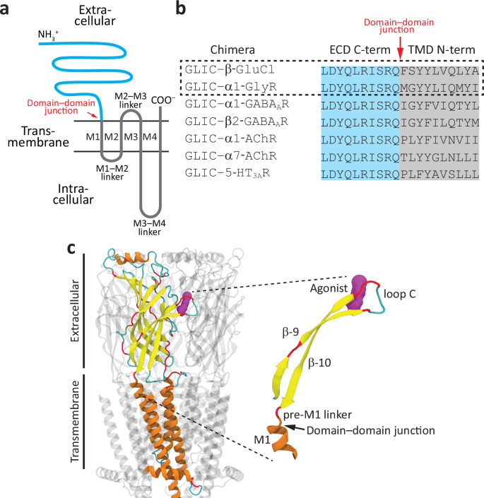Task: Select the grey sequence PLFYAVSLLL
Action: click(x=440, y=173)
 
